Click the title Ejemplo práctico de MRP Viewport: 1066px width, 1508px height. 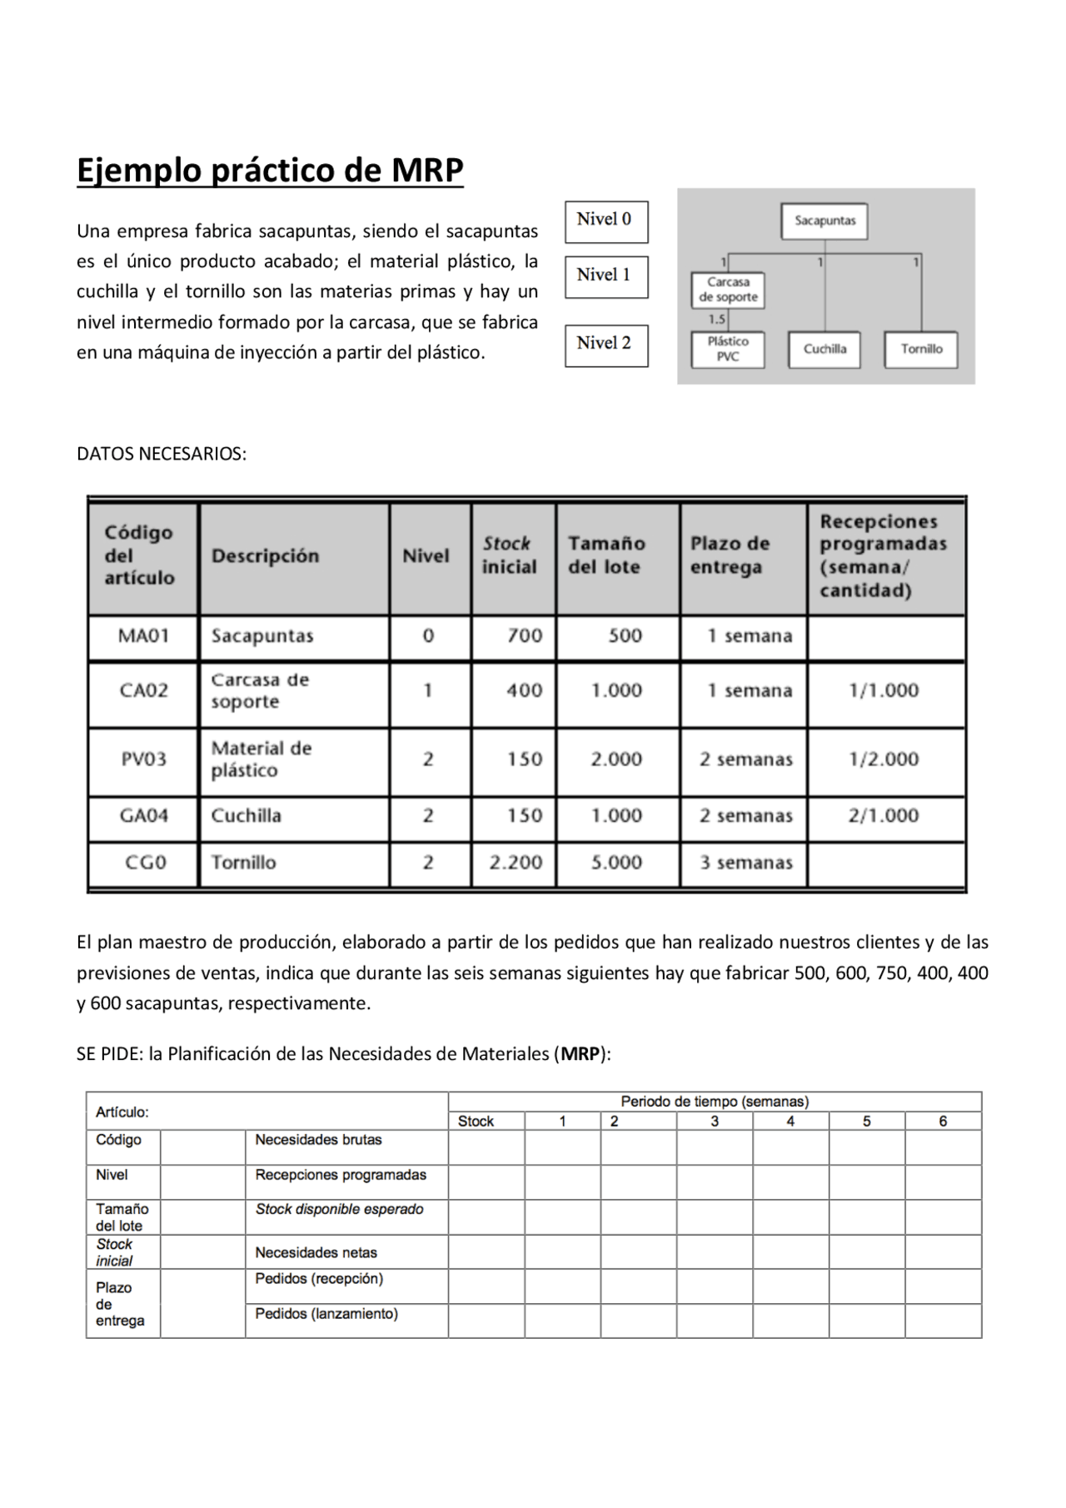click(270, 170)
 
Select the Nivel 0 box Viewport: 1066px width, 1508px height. click(605, 221)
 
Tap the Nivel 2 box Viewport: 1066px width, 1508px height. click(605, 345)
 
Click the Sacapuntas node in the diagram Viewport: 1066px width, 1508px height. click(824, 221)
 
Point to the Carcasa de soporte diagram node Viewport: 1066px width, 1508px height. click(728, 290)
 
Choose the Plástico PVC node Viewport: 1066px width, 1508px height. click(728, 350)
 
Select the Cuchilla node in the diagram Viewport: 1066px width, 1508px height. click(824, 350)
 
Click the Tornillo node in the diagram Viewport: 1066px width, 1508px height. click(920, 350)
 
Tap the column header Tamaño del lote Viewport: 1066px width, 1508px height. click(606, 555)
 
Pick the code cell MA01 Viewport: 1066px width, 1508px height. click(143, 636)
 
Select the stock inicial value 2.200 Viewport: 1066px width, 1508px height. click(515, 863)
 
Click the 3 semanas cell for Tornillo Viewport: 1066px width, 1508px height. click(745, 863)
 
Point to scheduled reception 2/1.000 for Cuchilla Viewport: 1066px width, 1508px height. click(884, 816)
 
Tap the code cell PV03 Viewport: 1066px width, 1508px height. click(143, 759)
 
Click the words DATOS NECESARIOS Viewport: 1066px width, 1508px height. click(162, 454)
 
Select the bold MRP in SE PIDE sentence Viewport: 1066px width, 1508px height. click(580, 1054)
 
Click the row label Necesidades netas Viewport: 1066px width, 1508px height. click(316, 1252)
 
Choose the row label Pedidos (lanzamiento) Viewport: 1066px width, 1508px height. click(326, 1314)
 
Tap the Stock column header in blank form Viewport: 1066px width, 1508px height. click(476, 1122)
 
